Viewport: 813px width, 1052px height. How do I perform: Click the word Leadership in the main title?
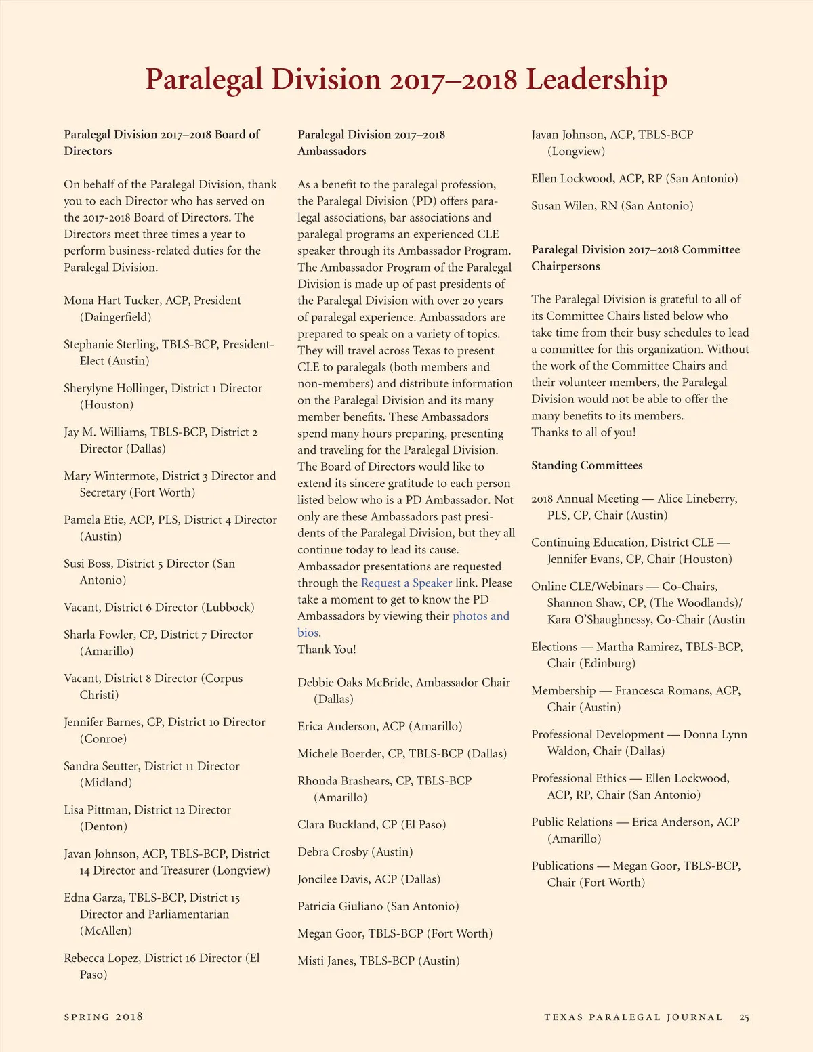click(596, 80)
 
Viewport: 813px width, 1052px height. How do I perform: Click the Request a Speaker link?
click(406, 583)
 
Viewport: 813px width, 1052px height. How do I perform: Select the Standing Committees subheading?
click(587, 466)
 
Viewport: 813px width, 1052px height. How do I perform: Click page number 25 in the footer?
click(744, 1017)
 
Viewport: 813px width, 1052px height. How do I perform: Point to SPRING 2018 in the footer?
click(103, 1017)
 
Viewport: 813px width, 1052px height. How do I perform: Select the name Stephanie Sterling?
click(110, 345)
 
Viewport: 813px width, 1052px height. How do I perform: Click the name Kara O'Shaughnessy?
click(598, 620)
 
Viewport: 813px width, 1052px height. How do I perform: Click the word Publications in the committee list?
click(562, 866)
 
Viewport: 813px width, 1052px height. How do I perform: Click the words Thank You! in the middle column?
click(327, 650)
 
